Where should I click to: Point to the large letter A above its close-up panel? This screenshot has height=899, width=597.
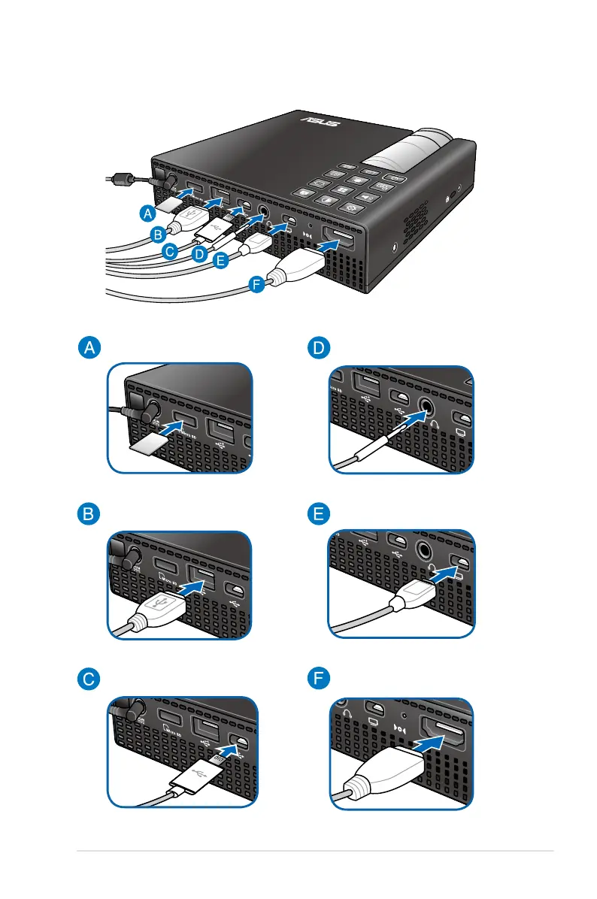click(89, 347)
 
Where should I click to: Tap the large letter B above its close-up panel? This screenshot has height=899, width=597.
click(89, 515)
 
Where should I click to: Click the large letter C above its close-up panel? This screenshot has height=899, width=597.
click(89, 681)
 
